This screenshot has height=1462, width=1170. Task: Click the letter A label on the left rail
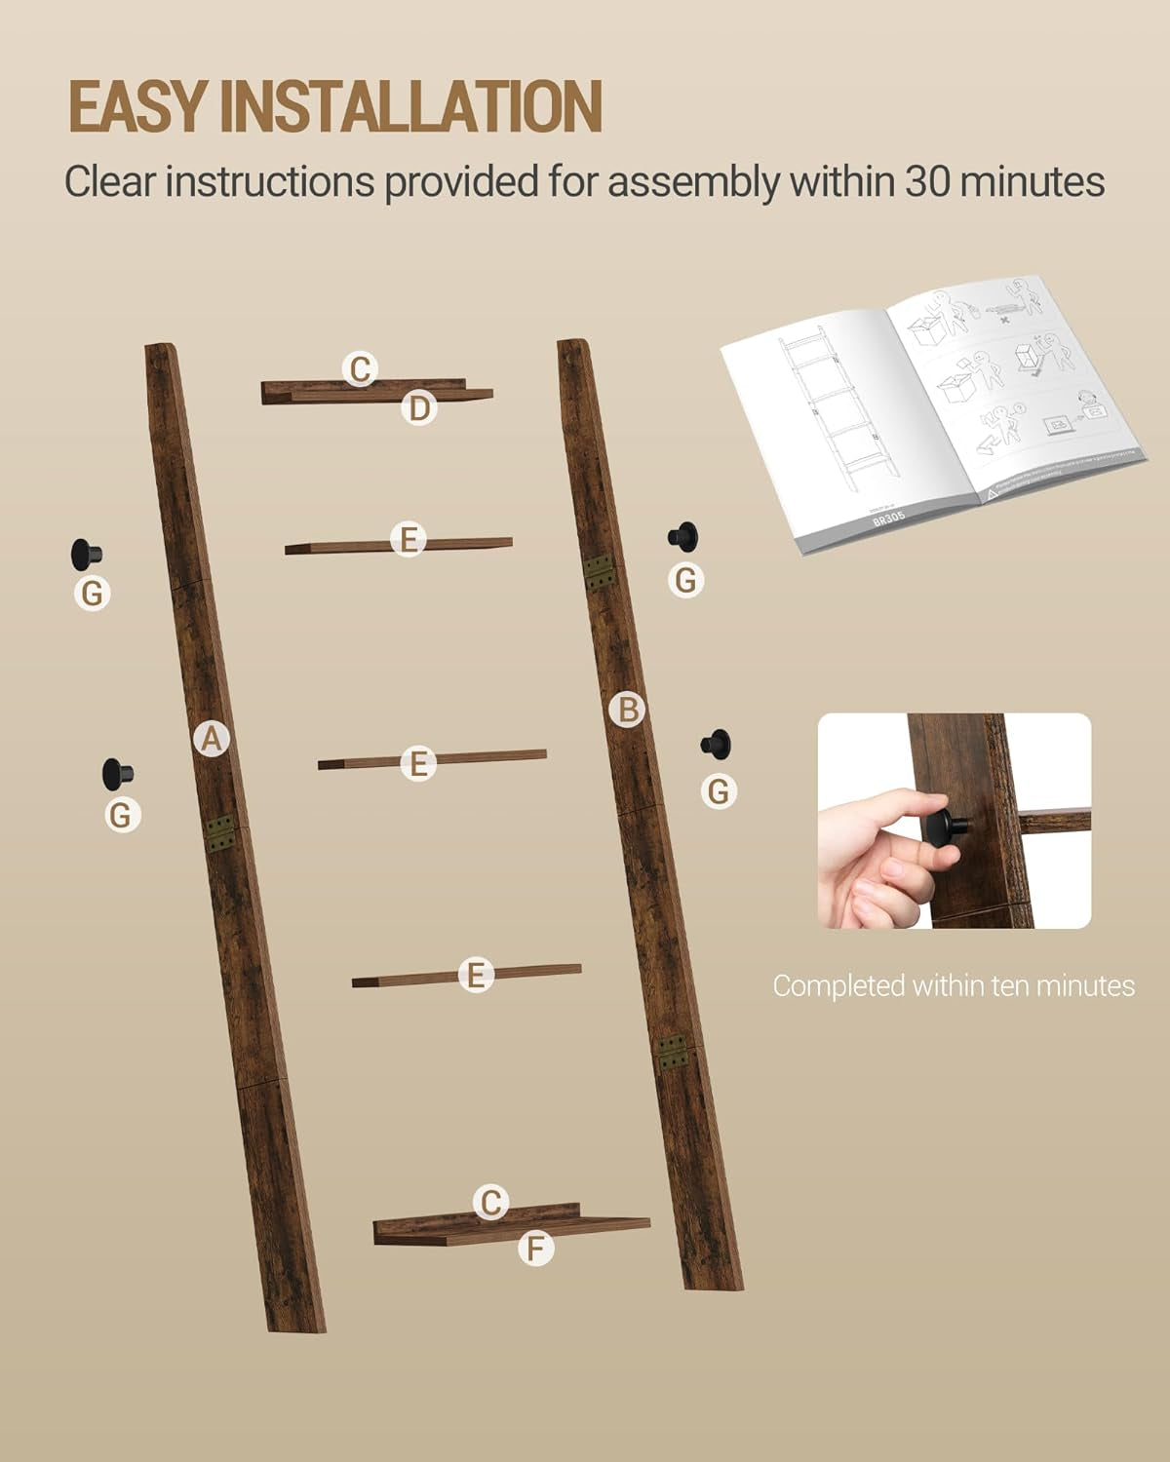tap(212, 739)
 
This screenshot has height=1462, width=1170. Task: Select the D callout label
tap(419, 408)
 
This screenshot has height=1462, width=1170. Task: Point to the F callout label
tap(535, 1248)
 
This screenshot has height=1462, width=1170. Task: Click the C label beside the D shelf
tap(361, 369)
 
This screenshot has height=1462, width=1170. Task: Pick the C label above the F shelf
tap(491, 1203)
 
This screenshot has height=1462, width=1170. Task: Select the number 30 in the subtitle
tap(927, 181)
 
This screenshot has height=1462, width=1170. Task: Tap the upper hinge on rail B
tap(599, 572)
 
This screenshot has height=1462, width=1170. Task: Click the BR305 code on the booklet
tap(889, 519)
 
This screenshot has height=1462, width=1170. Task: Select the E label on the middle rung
tap(418, 763)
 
